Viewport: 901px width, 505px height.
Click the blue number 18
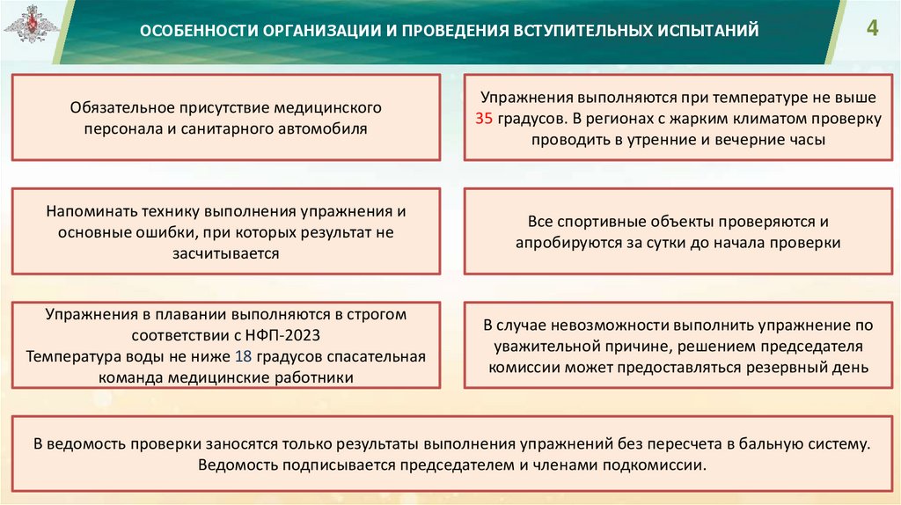point(244,357)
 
